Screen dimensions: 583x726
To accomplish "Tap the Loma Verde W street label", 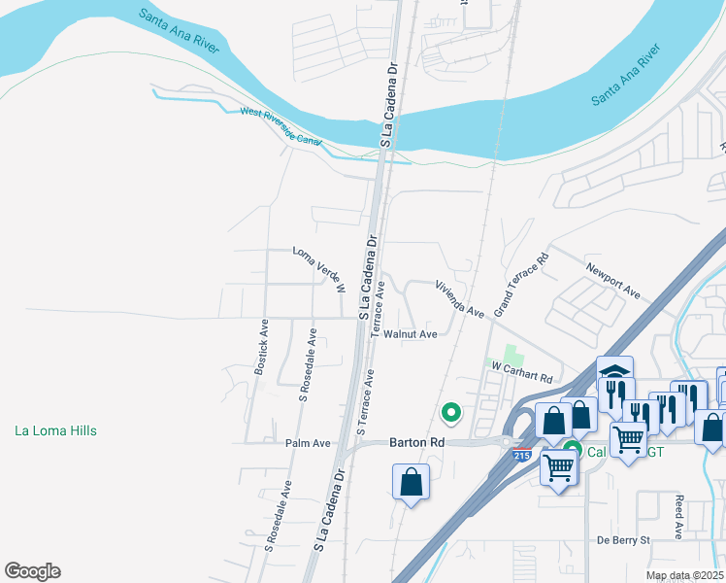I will [x=319, y=269].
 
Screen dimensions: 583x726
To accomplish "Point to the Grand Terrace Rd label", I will [x=522, y=285].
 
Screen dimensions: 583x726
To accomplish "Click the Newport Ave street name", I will [x=612, y=278].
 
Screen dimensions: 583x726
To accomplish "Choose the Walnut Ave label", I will [x=410, y=334].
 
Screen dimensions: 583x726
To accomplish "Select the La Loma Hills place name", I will [x=56, y=430].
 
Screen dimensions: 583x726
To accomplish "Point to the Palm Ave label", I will [x=308, y=443].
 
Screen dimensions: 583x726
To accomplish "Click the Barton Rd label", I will [x=416, y=441].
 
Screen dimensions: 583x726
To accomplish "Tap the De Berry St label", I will [x=622, y=539].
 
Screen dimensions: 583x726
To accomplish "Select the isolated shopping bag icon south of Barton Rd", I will [x=412, y=481].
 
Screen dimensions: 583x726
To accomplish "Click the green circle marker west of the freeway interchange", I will [x=450, y=413].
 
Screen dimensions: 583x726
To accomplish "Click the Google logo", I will [x=32, y=571].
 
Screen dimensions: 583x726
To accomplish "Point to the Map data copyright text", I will [x=683, y=575].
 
